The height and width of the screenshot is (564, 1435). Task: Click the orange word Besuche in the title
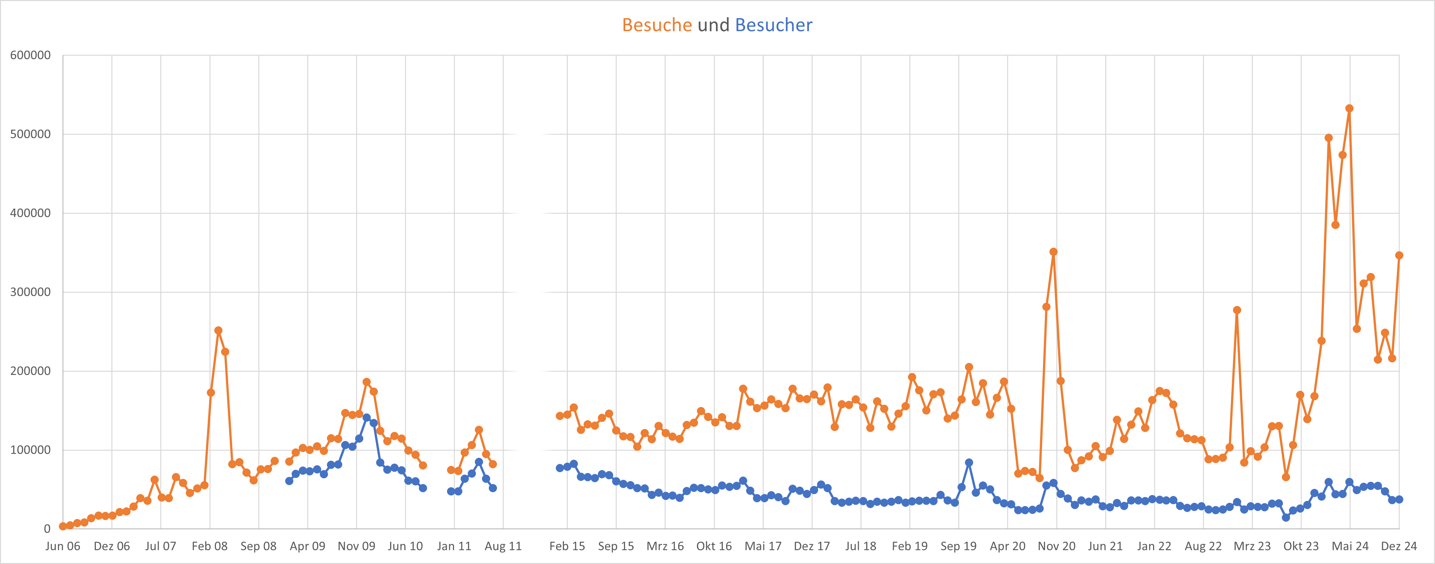coord(657,25)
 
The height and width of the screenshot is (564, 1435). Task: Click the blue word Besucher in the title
coord(774,25)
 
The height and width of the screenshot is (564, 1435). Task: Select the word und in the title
coord(713,25)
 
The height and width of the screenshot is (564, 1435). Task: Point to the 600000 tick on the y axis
coord(31,55)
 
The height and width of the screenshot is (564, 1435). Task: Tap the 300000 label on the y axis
coord(31,292)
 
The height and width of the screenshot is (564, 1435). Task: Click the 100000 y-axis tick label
coord(31,450)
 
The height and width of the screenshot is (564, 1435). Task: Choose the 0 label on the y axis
coord(47,529)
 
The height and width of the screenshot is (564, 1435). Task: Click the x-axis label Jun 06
coord(62,546)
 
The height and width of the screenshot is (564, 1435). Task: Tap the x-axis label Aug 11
coord(503,546)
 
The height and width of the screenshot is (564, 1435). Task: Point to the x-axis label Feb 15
coord(567,546)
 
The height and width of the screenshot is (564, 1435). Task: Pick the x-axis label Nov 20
coord(1056,546)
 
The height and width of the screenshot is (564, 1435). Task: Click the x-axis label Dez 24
coord(1399,546)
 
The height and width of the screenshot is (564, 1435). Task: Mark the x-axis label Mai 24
coord(1350,546)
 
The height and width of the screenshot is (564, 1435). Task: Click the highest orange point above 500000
coord(1349,109)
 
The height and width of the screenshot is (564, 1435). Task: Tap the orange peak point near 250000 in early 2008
coord(219,331)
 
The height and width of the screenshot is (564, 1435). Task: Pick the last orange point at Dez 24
coord(1399,255)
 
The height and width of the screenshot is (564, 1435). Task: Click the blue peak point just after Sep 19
coord(969,463)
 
